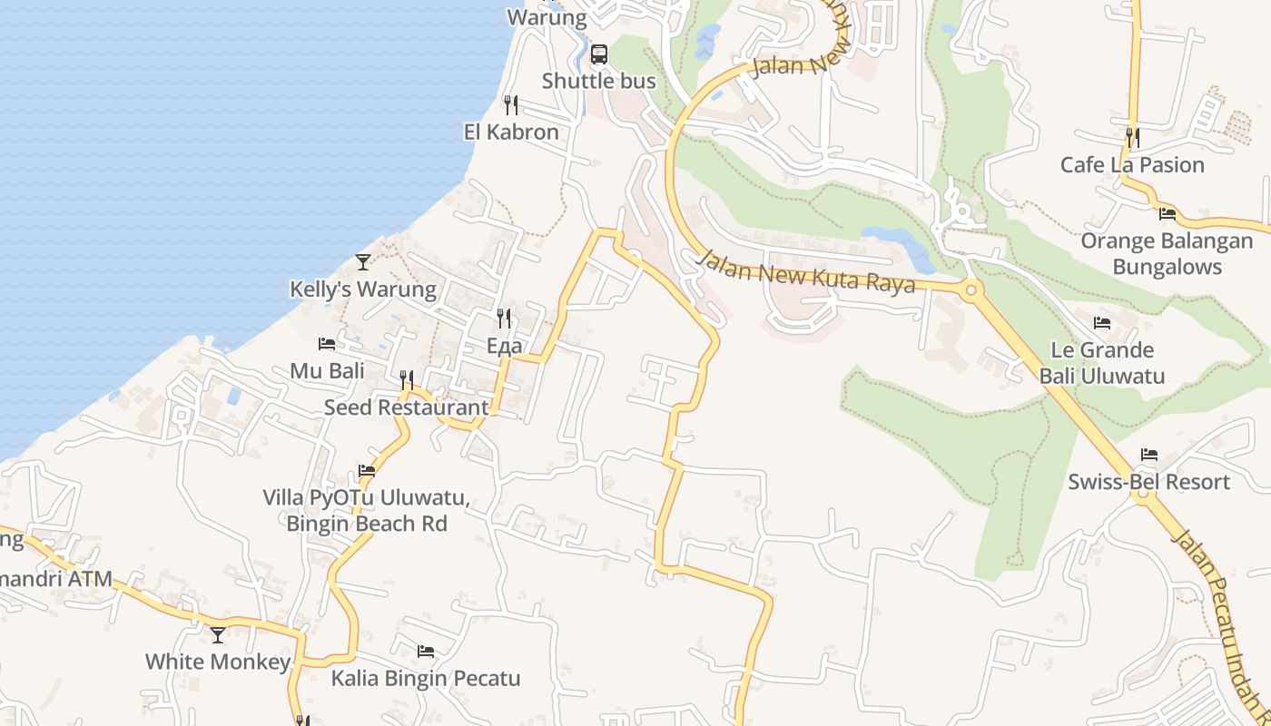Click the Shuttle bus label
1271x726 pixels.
tap(598, 81)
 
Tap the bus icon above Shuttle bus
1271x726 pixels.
tap(598, 54)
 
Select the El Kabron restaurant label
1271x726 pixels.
tap(511, 132)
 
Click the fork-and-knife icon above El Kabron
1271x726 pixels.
tap(511, 105)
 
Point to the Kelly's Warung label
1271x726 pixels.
tap(363, 289)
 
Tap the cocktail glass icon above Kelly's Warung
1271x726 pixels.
tap(363, 262)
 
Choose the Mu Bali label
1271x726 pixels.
tap(327, 371)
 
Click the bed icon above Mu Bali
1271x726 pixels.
tap(327, 344)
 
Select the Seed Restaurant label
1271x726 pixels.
tap(406, 407)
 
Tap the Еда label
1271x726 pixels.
tap(504, 346)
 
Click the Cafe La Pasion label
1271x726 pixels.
tap(1132, 165)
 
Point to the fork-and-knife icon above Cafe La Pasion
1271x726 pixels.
tap(1132, 138)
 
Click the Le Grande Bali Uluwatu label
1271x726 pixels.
tap(1102, 363)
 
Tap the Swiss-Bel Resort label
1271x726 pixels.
tap(1148, 482)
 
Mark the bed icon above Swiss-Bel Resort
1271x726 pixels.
tap(1149, 455)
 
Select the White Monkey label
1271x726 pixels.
tap(218, 662)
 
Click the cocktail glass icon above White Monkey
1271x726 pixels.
tap(218, 634)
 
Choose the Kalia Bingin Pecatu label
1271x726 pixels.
tap(425, 679)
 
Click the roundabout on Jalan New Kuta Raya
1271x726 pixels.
tap(971, 291)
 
